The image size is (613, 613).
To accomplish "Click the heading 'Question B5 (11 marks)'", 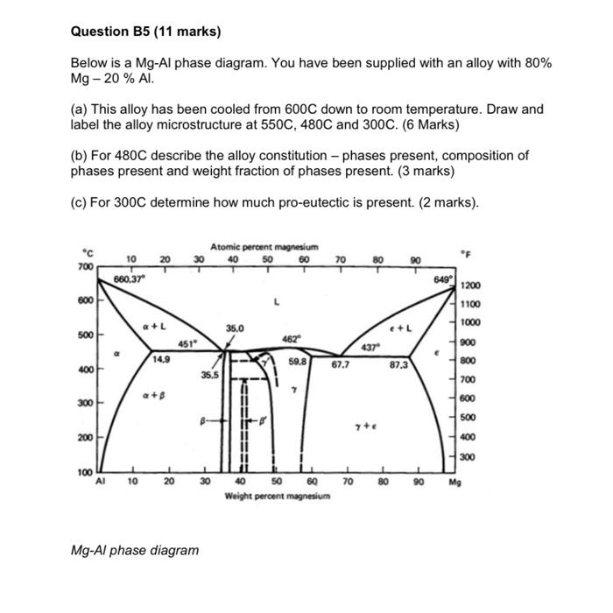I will coord(145,32).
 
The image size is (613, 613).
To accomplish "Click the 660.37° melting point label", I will coord(130,278).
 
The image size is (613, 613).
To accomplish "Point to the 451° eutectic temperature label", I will coord(189,342).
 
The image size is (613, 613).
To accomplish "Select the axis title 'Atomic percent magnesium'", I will coord(264,249).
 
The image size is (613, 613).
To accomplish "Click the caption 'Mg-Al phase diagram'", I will coord(135,550).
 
